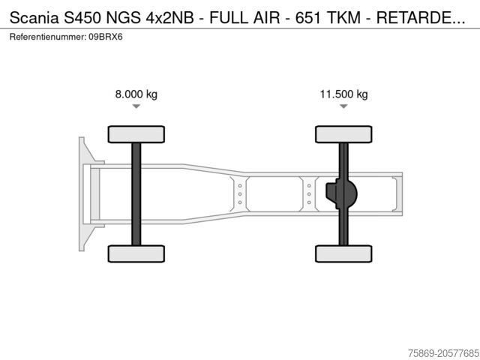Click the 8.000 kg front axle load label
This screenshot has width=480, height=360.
(136, 94)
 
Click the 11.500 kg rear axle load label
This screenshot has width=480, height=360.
(343, 94)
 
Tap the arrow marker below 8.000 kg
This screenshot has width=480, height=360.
(136, 106)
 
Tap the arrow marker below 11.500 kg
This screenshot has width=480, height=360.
(343, 106)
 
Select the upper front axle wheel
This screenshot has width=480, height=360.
(136, 134)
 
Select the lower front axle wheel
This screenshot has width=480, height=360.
(136, 253)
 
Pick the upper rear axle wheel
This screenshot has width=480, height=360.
(343, 134)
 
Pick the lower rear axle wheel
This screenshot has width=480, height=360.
(343, 253)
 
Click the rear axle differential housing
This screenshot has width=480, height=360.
(343, 194)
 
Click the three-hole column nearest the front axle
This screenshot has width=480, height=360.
(240, 193)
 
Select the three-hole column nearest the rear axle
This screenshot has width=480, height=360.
(309, 193)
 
